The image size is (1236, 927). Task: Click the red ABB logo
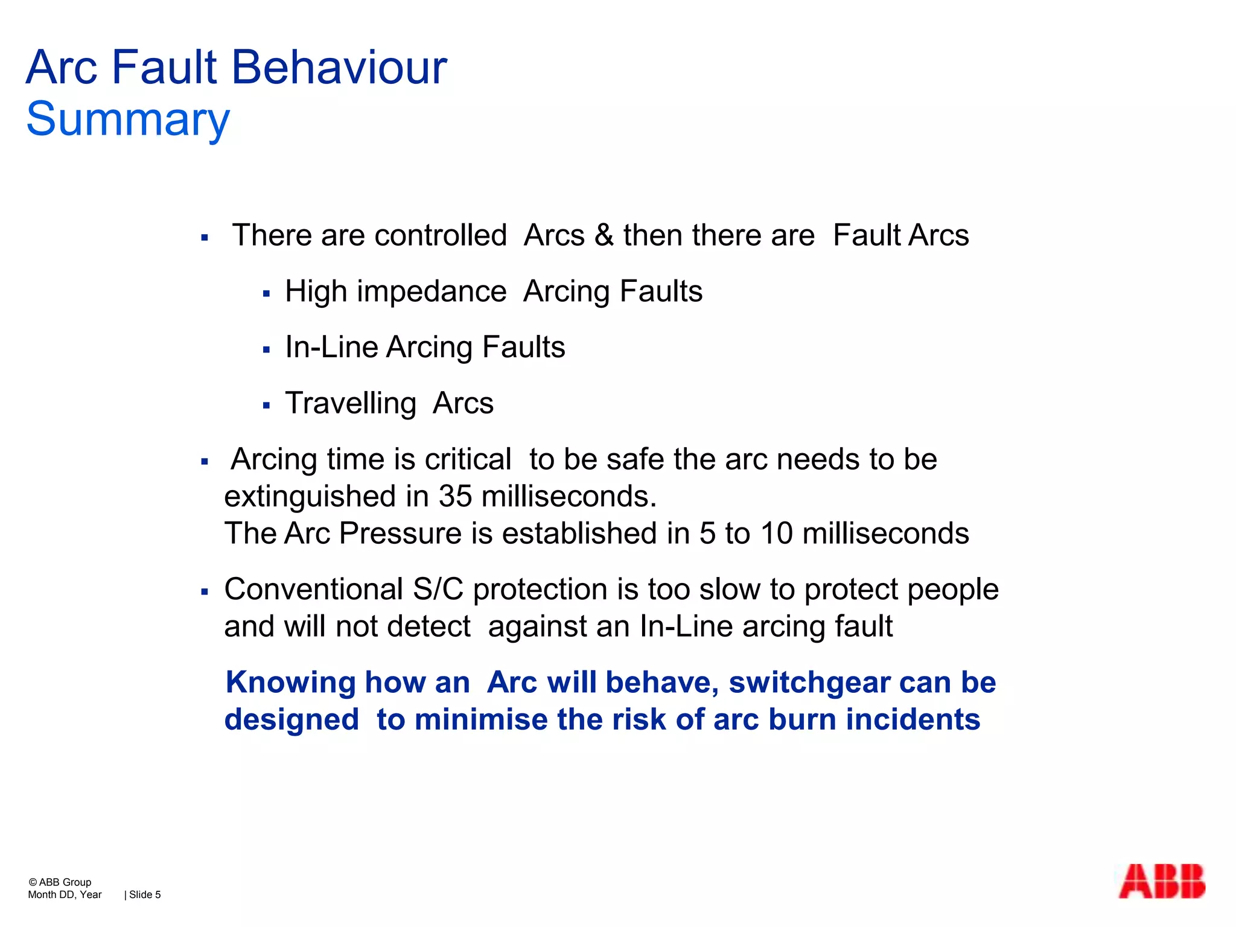tap(1161, 882)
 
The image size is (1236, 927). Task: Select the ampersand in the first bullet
tap(604, 235)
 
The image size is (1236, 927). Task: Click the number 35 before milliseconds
tap(455, 496)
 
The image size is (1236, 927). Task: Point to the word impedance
tap(432, 291)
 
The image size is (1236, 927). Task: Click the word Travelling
tap(351, 403)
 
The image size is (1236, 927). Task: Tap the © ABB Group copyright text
tap(60, 882)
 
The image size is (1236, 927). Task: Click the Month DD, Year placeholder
tap(65, 894)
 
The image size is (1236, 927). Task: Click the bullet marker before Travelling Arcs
tap(266, 406)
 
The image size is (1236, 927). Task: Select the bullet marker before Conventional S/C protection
tap(205, 592)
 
